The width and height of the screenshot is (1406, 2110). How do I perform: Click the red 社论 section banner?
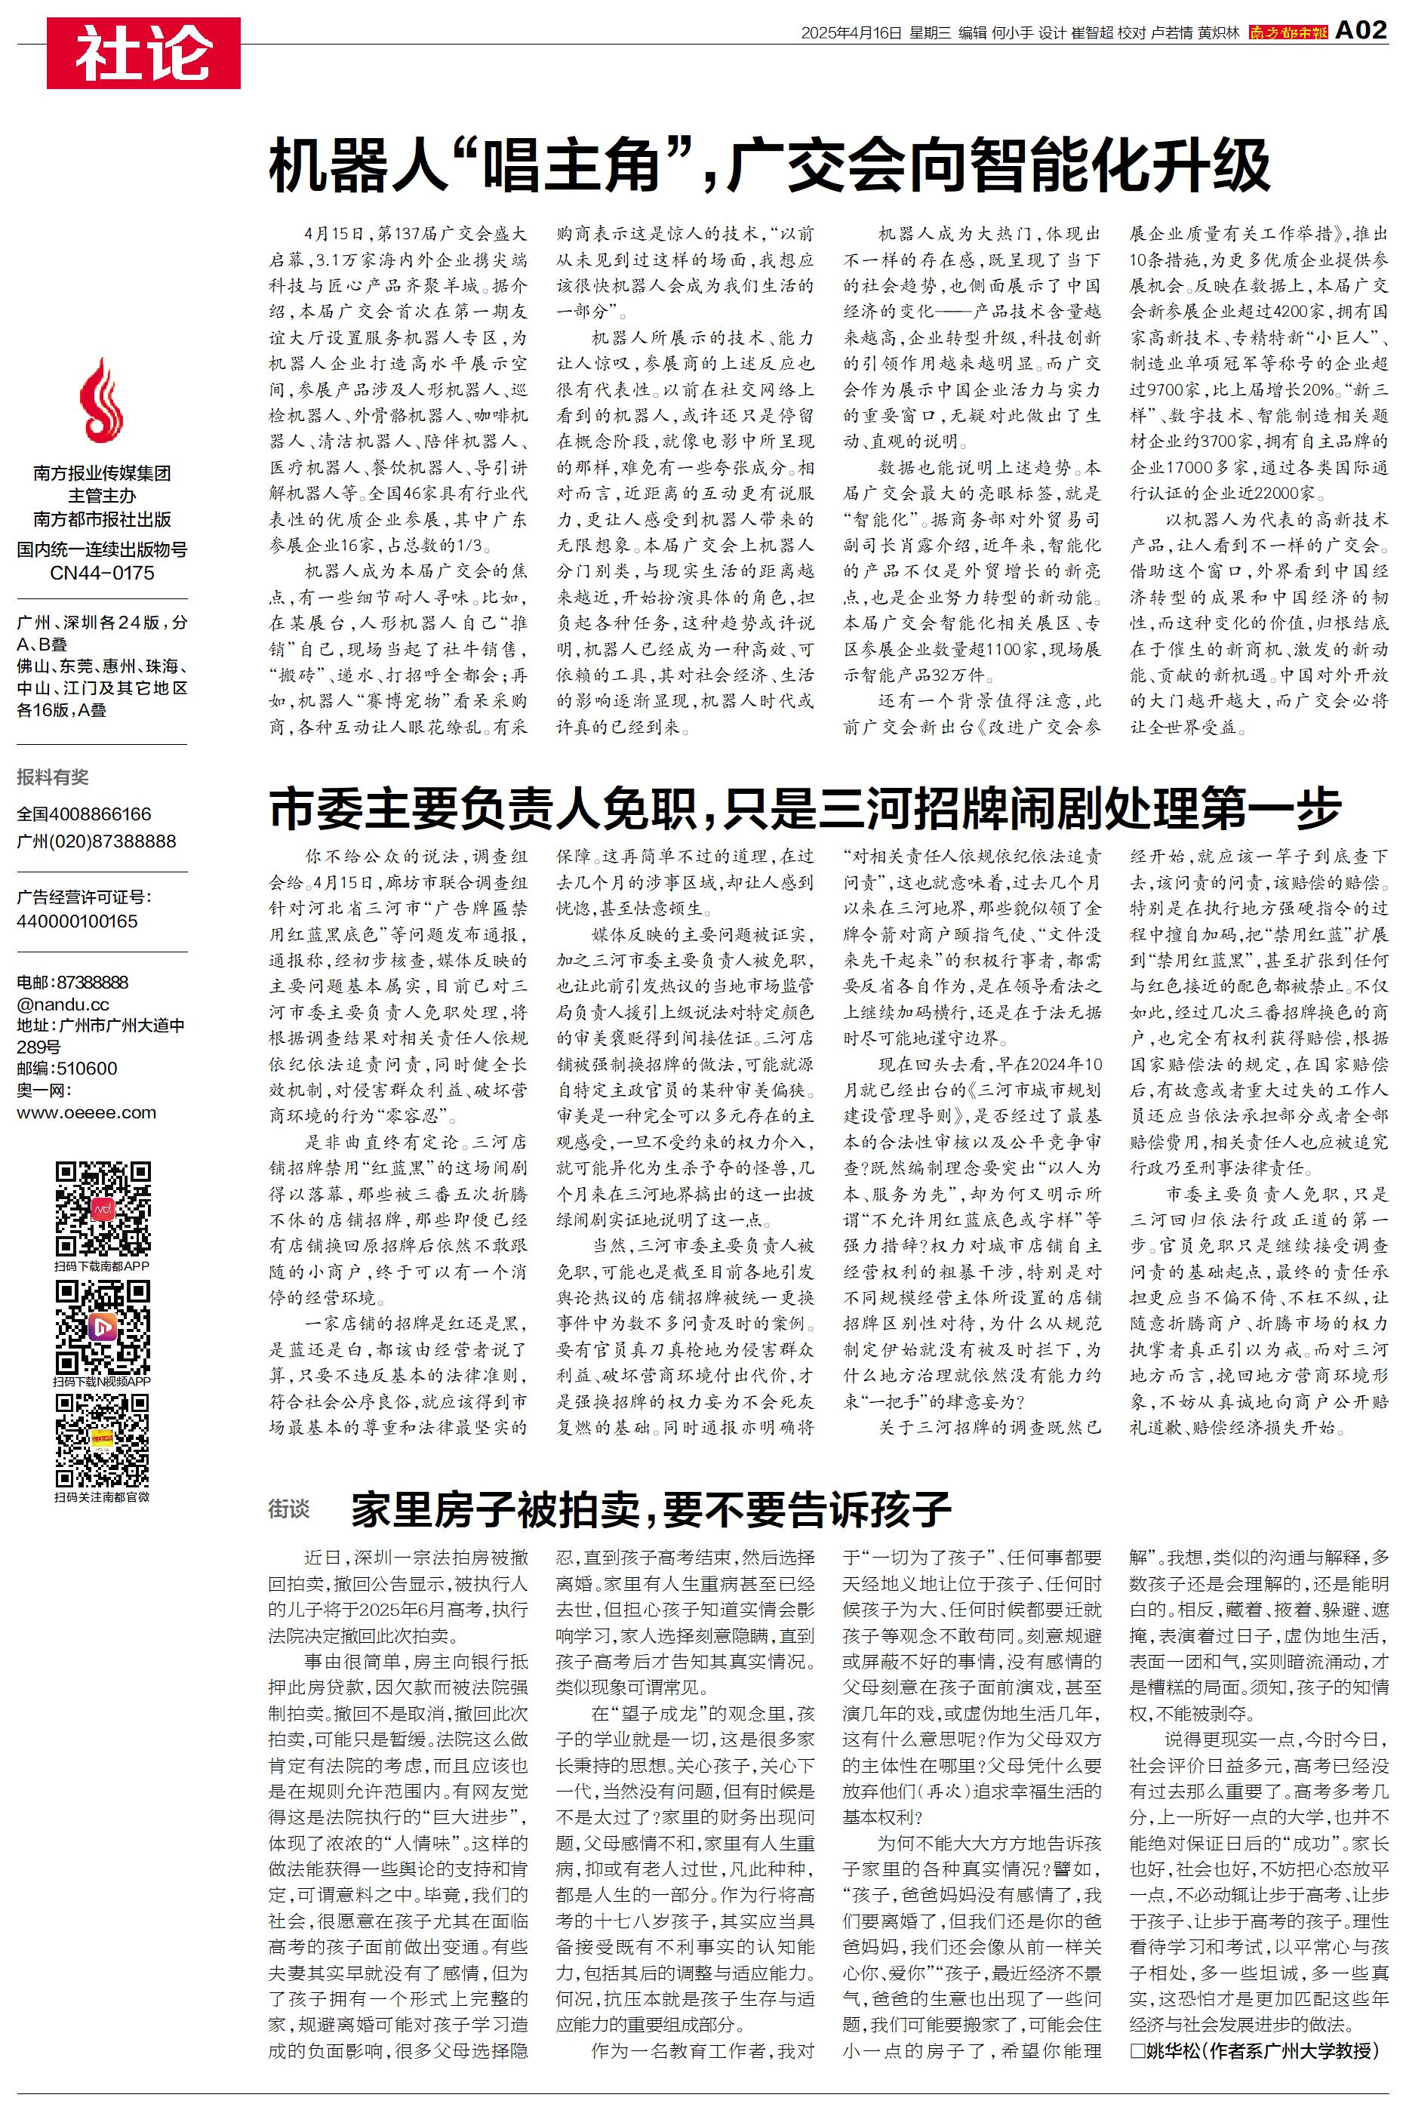(x=143, y=53)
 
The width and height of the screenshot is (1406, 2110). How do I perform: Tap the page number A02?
(x=1360, y=30)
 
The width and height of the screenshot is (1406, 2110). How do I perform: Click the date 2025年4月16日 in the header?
(x=850, y=33)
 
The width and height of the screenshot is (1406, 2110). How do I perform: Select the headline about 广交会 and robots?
(x=769, y=166)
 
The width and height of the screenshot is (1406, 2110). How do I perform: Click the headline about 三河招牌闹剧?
(x=805, y=808)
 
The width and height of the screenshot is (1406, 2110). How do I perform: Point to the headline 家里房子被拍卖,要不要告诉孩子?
(x=650, y=1509)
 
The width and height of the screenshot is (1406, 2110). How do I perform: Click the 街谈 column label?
(x=289, y=1509)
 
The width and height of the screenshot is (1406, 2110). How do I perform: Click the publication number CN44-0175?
(x=102, y=573)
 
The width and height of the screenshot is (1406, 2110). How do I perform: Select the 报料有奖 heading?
(x=53, y=777)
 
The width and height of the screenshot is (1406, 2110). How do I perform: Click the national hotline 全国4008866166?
(x=85, y=814)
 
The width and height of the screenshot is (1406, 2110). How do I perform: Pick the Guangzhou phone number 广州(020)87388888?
(x=96, y=841)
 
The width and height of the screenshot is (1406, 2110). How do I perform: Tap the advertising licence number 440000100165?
(x=77, y=921)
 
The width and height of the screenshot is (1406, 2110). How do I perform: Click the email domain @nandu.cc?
(x=63, y=1004)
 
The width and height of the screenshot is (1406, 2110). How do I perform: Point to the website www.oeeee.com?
(x=86, y=1112)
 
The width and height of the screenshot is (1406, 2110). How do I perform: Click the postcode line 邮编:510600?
(x=67, y=1069)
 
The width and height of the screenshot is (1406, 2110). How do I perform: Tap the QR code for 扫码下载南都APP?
(x=102, y=1207)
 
